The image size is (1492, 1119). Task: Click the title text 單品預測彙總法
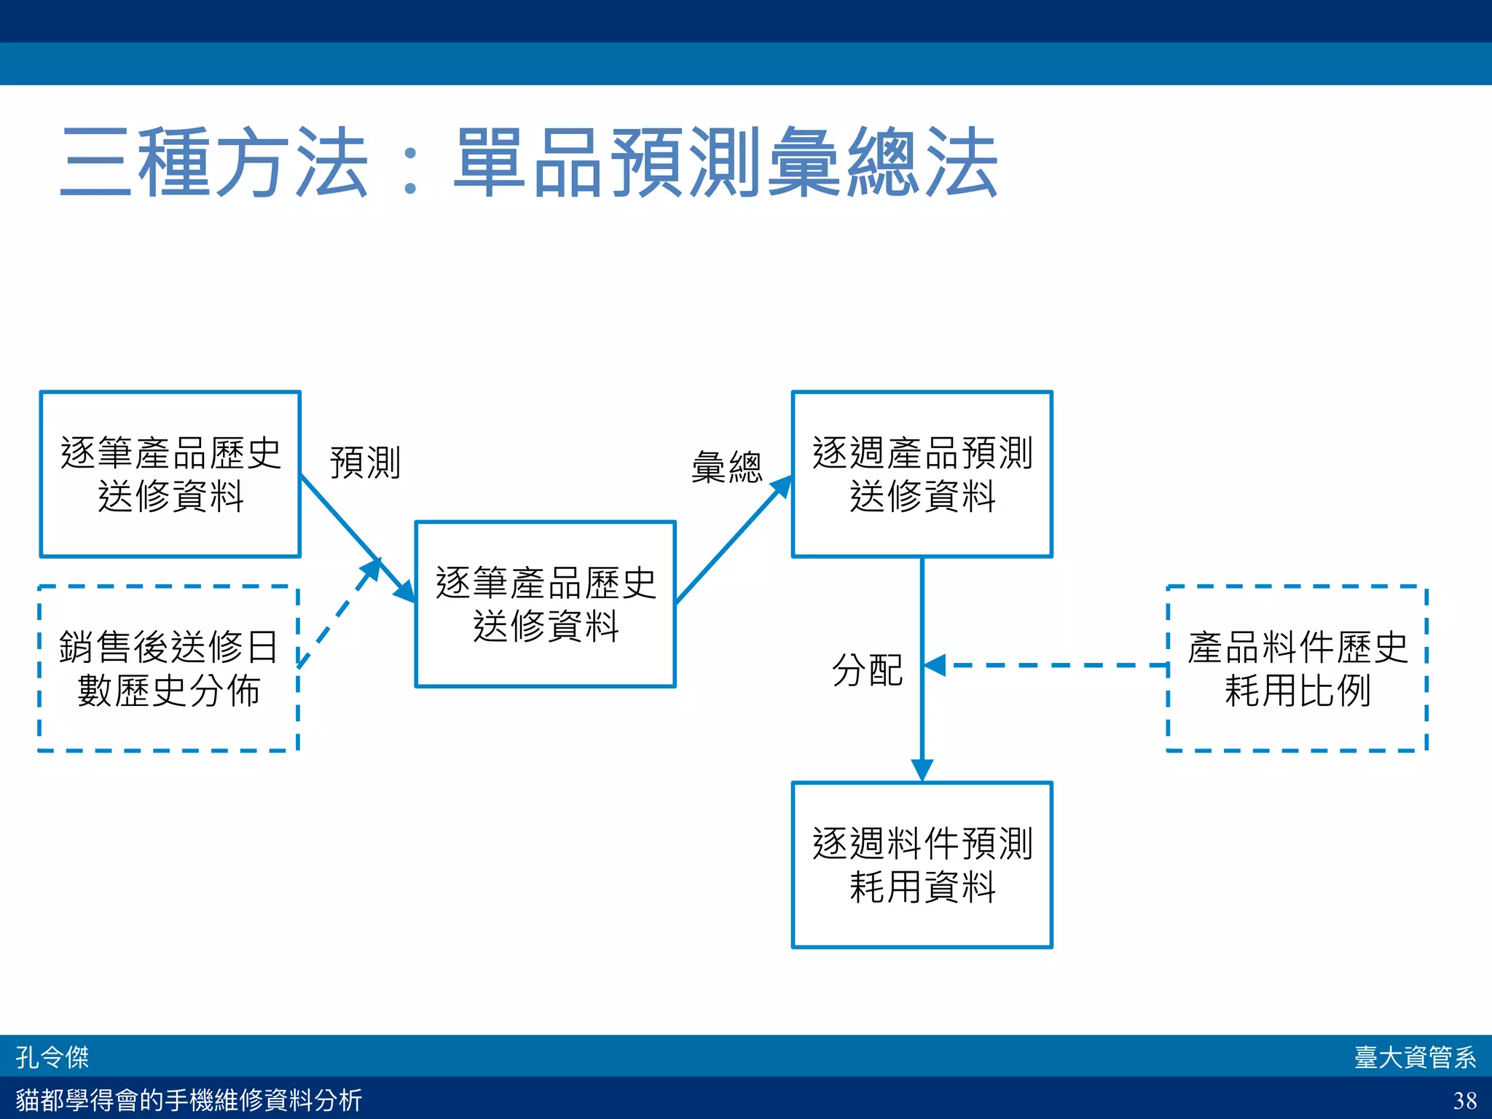pyautogui.click(x=726, y=162)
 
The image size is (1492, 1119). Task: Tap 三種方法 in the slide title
pyautogui.click(x=214, y=162)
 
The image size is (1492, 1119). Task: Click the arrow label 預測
pyautogui.click(x=365, y=463)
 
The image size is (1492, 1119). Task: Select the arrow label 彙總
pyautogui.click(x=726, y=467)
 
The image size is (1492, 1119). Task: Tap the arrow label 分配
pyautogui.click(x=867, y=670)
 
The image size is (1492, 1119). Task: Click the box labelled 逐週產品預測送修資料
pyautogui.click(x=922, y=474)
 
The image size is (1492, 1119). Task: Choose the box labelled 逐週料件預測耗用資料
pyautogui.click(x=922, y=865)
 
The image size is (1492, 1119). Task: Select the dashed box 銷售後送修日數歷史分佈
pyautogui.click(x=168, y=668)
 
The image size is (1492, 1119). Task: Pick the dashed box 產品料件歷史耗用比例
pyautogui.click(x=1297, y=668)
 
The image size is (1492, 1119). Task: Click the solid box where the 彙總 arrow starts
pyautogui.click(x=545, y=604)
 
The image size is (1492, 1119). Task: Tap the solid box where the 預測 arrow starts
pyautogui.click(x=170, y=474)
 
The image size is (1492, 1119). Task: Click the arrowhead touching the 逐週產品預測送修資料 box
pyautogui.click(x=782, y=487)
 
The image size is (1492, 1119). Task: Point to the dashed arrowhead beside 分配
pyautogui.click(x=935, y=665)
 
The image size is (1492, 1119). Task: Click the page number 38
pyautogui.click(x=1464, y=1099)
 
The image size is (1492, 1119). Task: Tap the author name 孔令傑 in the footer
pyautogui.click(x=52, y=1056)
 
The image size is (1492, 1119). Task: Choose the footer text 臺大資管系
pyautogui.click(x=1415, y=1056)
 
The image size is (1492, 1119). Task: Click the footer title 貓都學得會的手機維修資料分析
pyautogui.click(x=189, y=1099)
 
